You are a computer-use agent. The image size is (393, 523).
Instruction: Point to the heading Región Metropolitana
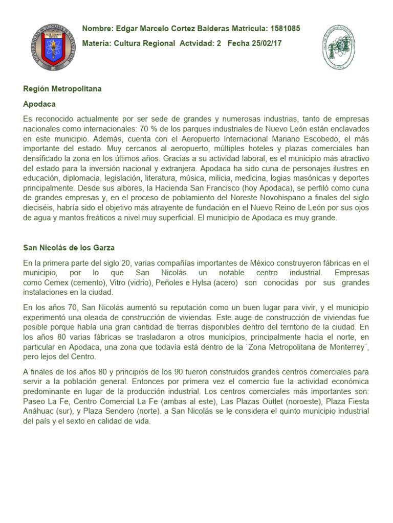[x=62, y=88]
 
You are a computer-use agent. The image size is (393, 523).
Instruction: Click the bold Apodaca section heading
[x=39, y=103]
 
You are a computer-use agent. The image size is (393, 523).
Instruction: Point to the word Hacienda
[x=170, y=187]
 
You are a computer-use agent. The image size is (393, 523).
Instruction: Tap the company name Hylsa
[x=199, y=282]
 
